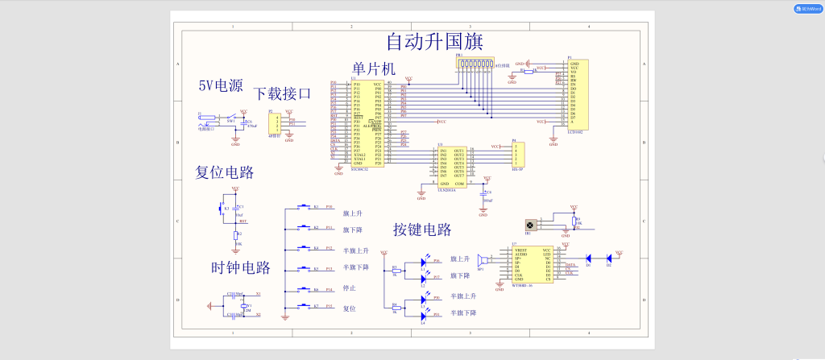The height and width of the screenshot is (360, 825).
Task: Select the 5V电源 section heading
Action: (x=221, y=86)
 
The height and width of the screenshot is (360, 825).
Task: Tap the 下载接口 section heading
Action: (x=282, y=93)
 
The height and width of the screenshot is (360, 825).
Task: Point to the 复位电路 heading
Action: (x=225, y=172)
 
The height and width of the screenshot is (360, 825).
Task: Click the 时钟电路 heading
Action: (x=241, y=267)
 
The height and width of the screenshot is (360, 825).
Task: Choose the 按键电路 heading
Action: (x=422, y=230)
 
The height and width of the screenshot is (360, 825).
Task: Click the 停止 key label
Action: (x=349, y=288)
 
